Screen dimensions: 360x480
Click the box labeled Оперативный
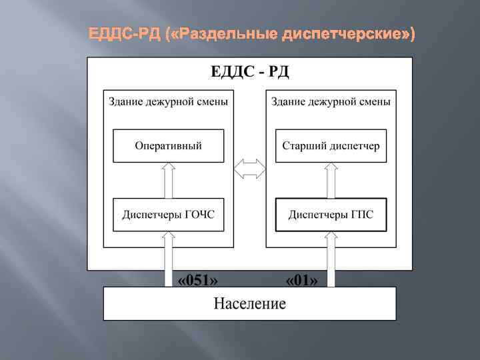[x=168, y=145]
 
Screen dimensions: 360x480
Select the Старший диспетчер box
[x=331, y=145]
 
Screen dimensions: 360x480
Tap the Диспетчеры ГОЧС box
[x=168, y=215]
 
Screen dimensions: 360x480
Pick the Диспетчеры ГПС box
[x=331, y=215]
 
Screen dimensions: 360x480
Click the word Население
[x=249, y=304]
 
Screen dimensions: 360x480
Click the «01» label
[x=301, y=280]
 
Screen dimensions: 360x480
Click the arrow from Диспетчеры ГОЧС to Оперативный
[x=168, y=180]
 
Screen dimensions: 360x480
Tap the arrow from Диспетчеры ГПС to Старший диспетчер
[x=331, y=180]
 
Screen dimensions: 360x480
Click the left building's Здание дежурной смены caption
[x=168, y=101]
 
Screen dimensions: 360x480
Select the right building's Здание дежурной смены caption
[x=331, y=101]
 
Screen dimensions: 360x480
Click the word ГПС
[x=360, y=215]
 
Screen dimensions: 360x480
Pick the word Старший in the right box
[x=303, y=145]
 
